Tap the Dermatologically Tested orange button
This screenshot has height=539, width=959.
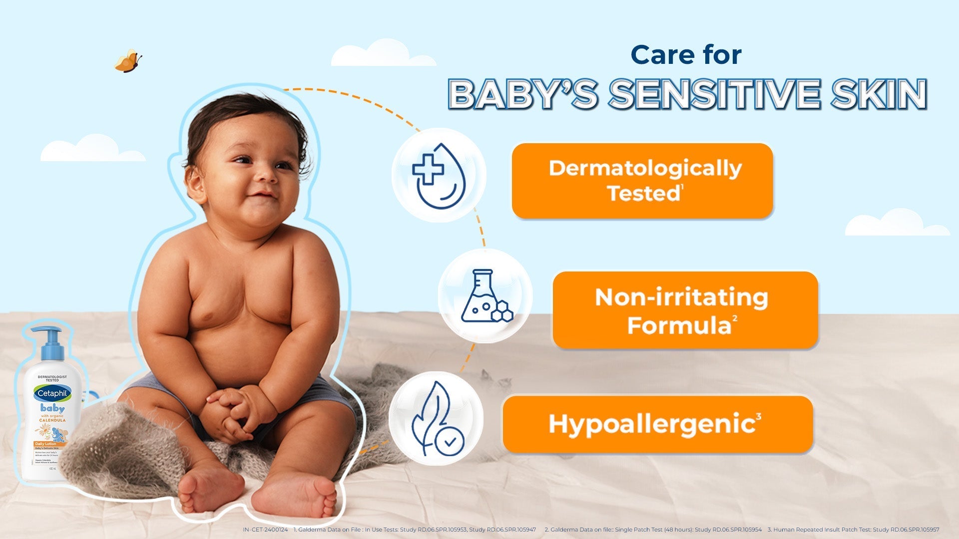tap(642, 181)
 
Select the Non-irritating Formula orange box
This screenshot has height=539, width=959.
tap(685, 310)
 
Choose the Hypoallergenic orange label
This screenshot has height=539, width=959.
tap(658, 424)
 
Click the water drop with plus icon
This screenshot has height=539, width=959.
tap(439, 175)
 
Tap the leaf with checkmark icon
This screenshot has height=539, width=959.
tap(436, 418)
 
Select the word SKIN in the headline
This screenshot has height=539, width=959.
tap(879, 94)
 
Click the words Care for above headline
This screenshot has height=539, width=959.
tap(686, 55)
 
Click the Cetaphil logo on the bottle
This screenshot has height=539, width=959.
tap(52, 393)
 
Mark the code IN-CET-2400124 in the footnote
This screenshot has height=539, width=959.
tap(265, 530)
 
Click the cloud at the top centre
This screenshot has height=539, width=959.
tap(383, 54)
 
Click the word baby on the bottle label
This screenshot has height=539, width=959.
tap(52, 408)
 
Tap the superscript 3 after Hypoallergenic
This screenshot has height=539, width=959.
tap(759, 416)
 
